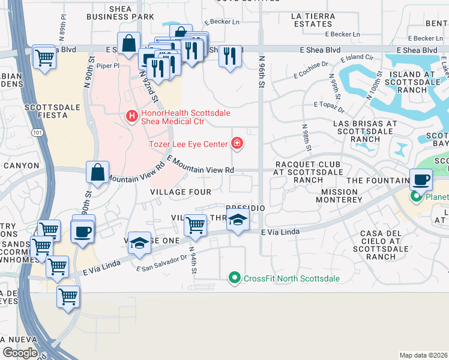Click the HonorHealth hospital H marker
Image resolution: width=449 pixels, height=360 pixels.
[x=130, y=116]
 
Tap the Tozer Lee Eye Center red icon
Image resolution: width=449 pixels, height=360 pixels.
[x=238, y=143]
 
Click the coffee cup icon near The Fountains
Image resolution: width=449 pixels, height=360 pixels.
[x=421, y=178]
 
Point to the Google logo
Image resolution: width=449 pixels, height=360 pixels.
[x=20, y=352]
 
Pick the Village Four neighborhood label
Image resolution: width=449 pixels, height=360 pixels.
[x=181, y=192]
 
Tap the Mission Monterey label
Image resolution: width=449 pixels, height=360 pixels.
[x=344, y=196]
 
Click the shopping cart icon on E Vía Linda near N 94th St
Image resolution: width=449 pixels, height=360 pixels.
[x=195, y=225]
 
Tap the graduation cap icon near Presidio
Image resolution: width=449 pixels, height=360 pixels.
[x=238, y=221]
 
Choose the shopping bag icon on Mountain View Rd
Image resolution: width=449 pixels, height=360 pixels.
[x=97, y=172]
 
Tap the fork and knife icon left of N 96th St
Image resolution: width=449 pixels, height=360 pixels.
[x=230, y=56]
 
